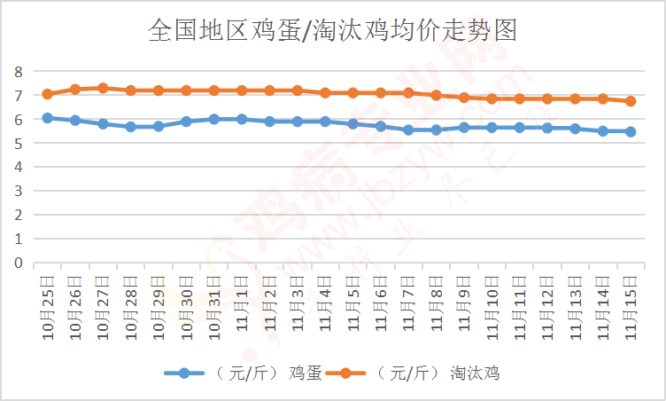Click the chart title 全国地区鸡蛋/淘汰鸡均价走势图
click(x=333, y=31)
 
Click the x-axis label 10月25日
click(x=47, y=303)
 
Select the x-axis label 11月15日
click(x=630, y=303)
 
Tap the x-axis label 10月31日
click(x=213, y=303)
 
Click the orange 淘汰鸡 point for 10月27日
click(x=103, y=88)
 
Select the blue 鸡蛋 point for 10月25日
click(x=47, y=117)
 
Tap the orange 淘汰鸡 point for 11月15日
click(x=631, y=101)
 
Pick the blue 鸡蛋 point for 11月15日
click(x=631, y=131)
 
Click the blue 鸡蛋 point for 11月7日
click(x=408, y=130)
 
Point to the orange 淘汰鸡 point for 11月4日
click(x=325, y=92)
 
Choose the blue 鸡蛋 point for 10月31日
click(x=213, y=119)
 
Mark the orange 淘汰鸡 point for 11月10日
click(x=492, y=98)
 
